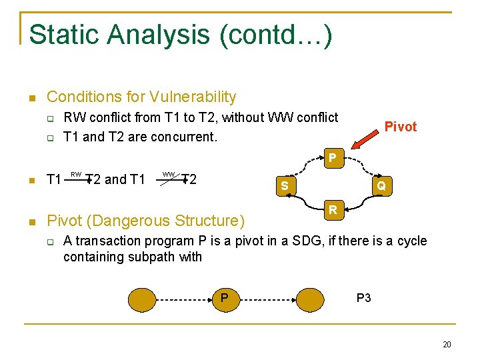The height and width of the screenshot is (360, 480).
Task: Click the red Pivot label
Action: [x=400, y=127]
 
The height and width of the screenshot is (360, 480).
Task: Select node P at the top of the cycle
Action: [x=331, y=159]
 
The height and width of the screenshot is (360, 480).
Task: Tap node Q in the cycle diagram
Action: [x=381, y=186]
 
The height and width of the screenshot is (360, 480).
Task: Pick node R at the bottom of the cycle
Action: [x=331, y=211]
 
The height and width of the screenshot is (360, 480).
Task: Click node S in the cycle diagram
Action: [x=284, y=185]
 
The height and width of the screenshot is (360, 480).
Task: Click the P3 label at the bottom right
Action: [x=363, y=298]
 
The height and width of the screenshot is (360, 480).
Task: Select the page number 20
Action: [x=446, y=344]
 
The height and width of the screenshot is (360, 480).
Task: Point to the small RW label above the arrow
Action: [x=76, y=175]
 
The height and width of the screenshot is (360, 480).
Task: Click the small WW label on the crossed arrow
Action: [x=168, y=175]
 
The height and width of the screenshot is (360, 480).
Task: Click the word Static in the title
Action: [x=58, y=35]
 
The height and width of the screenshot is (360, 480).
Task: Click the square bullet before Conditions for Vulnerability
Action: [x=31, y=99]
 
